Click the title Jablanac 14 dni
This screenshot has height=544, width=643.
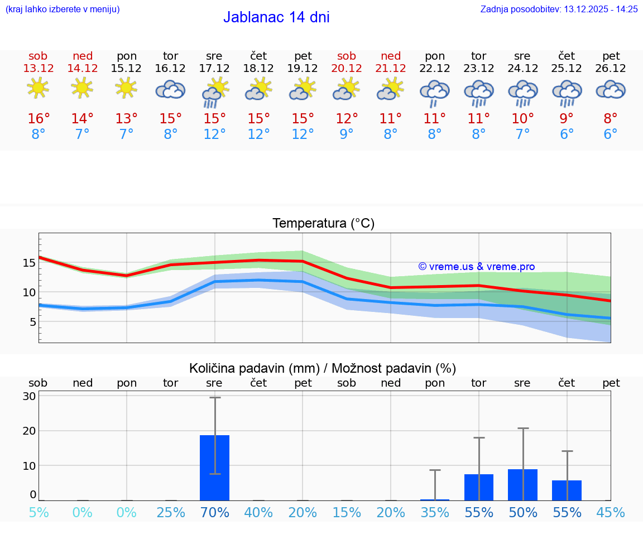(x=276, y=17)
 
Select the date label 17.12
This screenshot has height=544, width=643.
(x=214, y=69)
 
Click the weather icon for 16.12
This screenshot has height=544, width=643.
(x=170, y=89)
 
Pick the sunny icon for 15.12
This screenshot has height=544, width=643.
(x=126, y=88)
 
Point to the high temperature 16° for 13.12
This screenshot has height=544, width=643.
(x=39, y=119)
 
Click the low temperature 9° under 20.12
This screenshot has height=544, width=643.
(x=347, y=134)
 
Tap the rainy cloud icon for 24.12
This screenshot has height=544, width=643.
(x=522, y=92)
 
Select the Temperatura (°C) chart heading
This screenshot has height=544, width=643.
(x=323, y=224)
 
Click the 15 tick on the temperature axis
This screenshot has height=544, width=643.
(x=29, y=263)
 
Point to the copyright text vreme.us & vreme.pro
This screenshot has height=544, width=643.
(x=477, y=267)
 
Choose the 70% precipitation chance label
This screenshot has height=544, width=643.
(x=214, y=512)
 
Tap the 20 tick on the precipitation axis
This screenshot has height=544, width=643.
(x=29, y=431)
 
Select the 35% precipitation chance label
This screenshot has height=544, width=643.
(x=435, y=512)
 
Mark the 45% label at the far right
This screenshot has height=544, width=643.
(x=611, y=512)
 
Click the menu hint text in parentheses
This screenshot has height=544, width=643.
(x=63, y=9)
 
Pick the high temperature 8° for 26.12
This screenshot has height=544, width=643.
(x=611, y=119)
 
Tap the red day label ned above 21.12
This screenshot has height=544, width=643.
(x=391, y=56)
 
